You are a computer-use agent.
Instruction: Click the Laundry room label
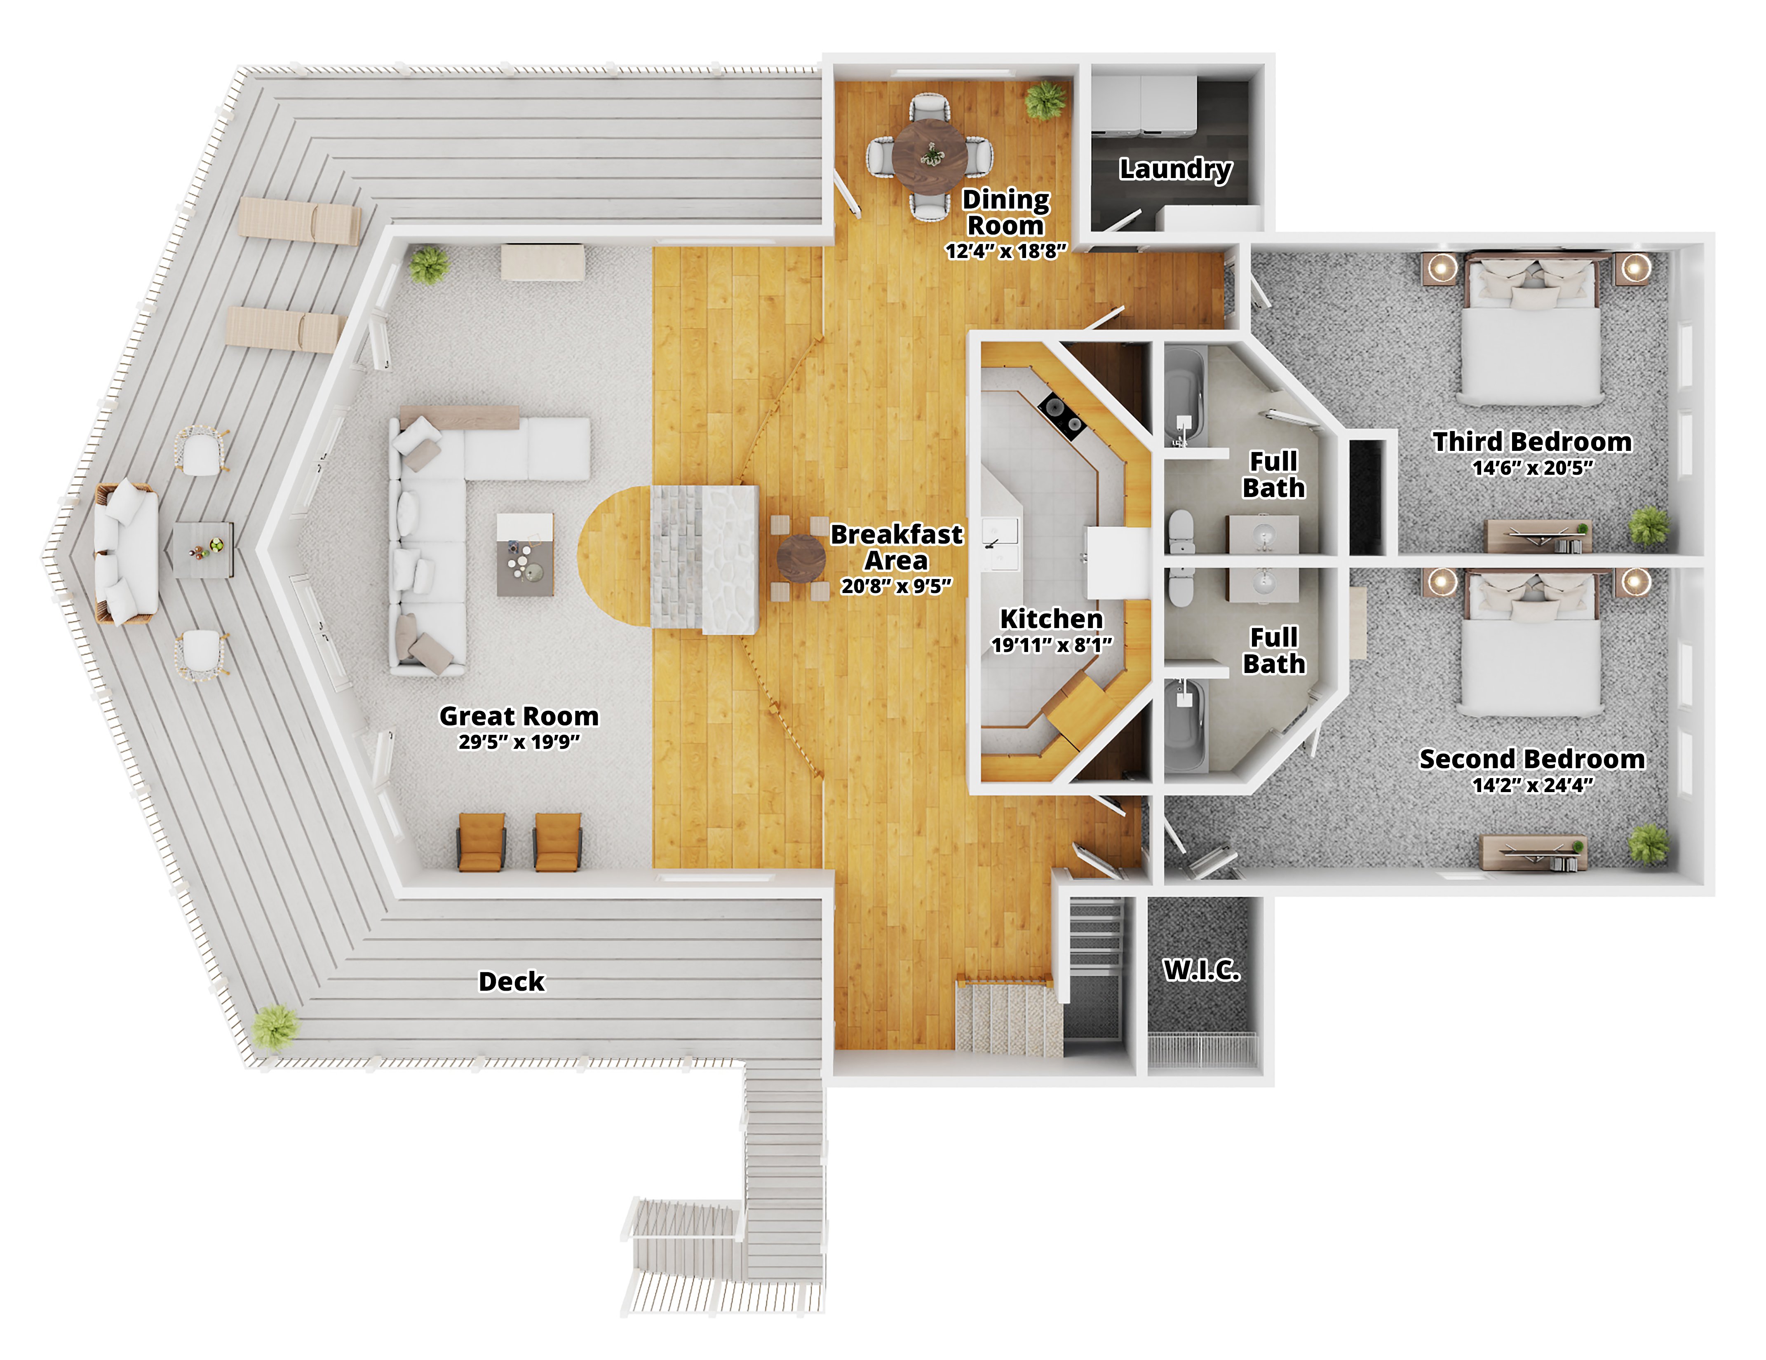pyautogui.click(x=1176, y=169)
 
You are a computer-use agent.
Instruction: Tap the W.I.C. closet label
pyautogui.click(x=1202, y=969)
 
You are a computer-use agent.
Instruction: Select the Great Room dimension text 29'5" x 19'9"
pyautogui.click(x=519, y=741)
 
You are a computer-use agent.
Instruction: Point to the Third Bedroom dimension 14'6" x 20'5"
pyautogui.click(x=1532, y=468)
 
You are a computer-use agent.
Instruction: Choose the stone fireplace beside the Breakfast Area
pyautogui.click(x=704, y=560)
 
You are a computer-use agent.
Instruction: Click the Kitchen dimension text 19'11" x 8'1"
pyautogui.click(x=1052, y=645)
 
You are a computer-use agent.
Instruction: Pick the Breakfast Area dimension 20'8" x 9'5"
pyautogui.click(x=897, y=586)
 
